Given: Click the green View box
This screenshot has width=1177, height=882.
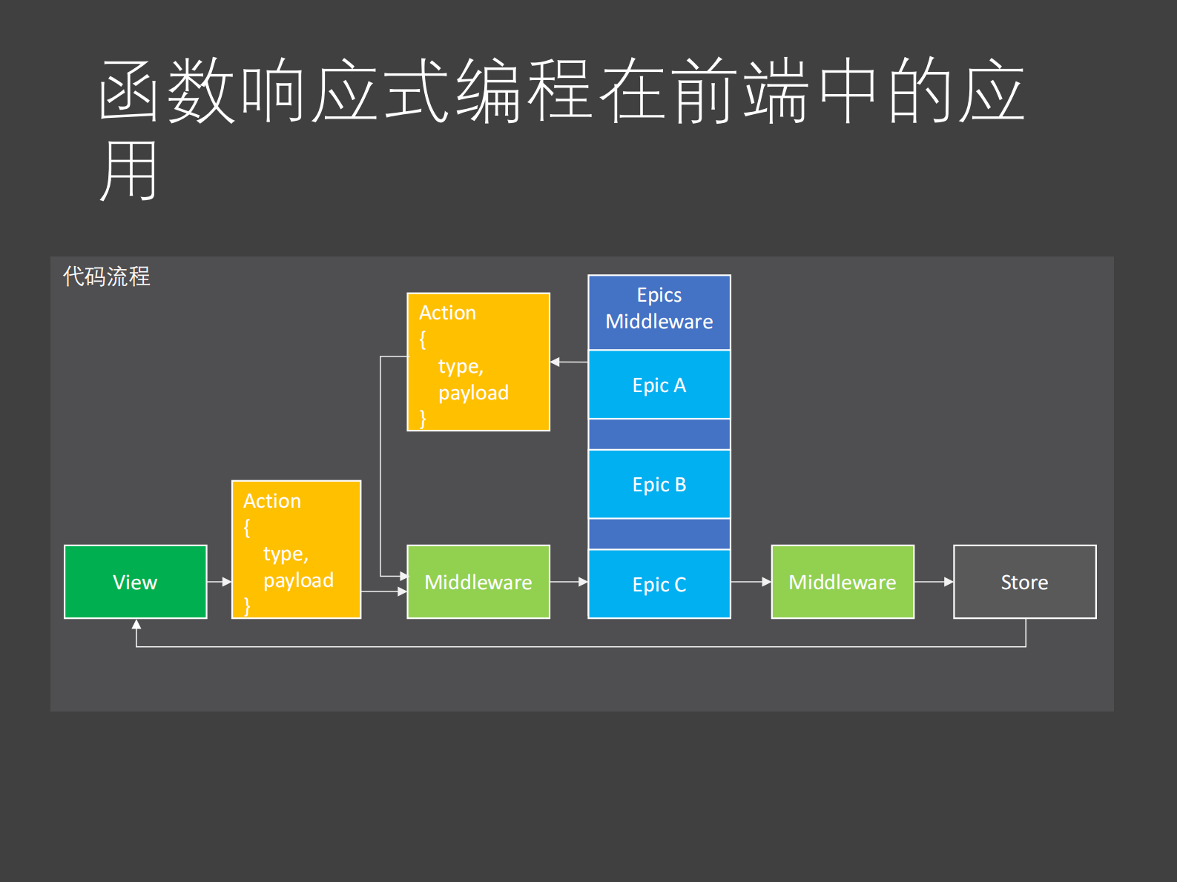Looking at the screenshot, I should click(x=135, y=582).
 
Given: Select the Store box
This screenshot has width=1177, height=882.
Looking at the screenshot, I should click(x=1024, y=582).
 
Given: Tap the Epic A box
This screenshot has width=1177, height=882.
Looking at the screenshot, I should click(x=659, y=385).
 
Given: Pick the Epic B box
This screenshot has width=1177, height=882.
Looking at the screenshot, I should click(x=659, y=484).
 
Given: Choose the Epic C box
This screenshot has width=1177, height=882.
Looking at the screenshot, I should click(x=659, y=584).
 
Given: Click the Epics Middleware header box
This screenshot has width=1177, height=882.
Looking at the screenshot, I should click(x=659, y=311).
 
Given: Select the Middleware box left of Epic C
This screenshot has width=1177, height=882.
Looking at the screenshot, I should click(x=478, y=582).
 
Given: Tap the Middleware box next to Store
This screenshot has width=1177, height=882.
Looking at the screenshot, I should click(x=843, y=582).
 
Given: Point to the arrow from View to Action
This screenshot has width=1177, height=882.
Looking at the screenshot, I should click(x=220, y=582).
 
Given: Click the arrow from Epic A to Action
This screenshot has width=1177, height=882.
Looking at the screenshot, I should click(x=569, y=362).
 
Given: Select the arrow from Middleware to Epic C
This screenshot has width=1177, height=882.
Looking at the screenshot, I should click(x=569, y=582).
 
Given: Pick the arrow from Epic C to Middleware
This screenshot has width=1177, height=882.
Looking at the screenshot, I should click(x=751, y=582).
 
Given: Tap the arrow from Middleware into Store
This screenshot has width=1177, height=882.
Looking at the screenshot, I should click(x=934, y=582).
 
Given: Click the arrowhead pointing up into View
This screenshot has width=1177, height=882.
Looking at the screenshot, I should click(x=136, y=625).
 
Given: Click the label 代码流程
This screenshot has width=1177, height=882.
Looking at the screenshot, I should click(x=107, y=276).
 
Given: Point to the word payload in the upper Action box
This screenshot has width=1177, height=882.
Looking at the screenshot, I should click(x=473, y=392).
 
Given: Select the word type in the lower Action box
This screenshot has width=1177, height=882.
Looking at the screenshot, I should click(x=284, y=554).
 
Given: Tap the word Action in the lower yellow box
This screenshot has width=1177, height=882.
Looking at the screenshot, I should click(x=272, y=501).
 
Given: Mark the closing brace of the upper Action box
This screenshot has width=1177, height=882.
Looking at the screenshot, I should click(x=423, y=419).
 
